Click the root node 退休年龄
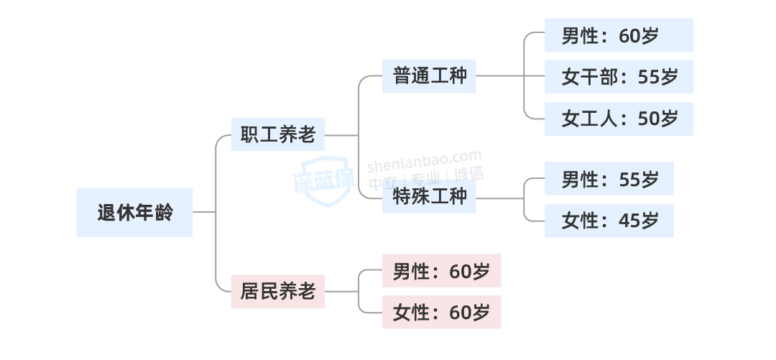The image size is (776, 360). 134,213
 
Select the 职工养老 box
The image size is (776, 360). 277,134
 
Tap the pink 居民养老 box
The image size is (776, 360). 277,292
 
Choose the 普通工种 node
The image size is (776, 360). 429,75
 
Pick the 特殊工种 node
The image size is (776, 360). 429,196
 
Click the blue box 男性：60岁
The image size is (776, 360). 618,35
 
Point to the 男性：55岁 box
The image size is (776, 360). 609,179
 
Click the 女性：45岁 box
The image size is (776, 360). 609,221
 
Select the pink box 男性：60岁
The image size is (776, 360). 440,271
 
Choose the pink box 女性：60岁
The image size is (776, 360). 440,313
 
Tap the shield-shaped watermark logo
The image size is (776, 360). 324,177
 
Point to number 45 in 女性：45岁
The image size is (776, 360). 629,221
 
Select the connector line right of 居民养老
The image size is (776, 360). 341,292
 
